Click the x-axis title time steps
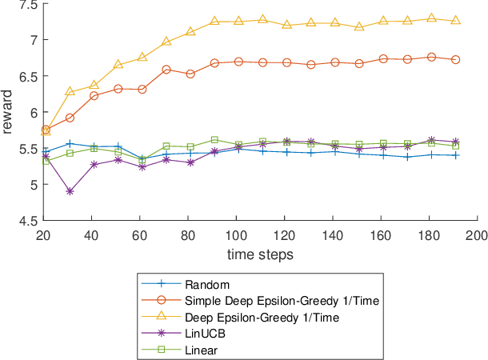pyautogui.click(x=261, y=254)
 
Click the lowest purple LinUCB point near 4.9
pyautogui.click(x=70, y=191)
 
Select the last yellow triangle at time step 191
pyautogui.click(x=455, y=20)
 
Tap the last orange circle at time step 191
pyautogui.click(x=455, y=59)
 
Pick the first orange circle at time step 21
pyautogui.click(x=46, y=130)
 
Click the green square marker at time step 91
pyautogui.click(x=214, y=140)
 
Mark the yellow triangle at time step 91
pyautogui.click(x=214, y=22)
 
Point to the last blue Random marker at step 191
pyautogui.click(x=455, y=155)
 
